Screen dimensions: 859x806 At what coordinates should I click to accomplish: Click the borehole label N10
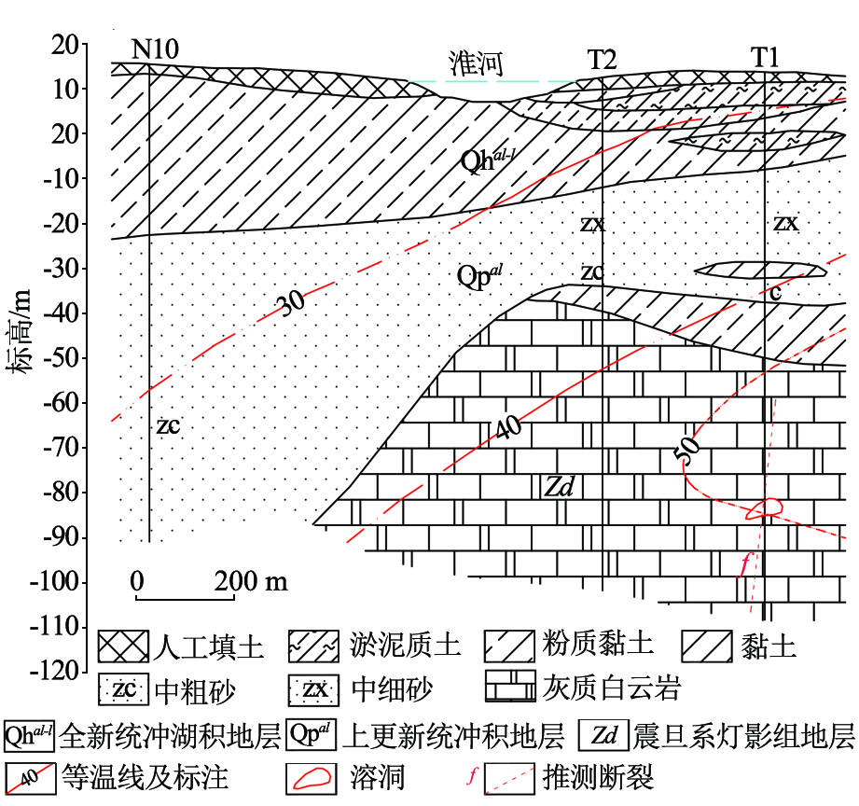(x=155, y=49)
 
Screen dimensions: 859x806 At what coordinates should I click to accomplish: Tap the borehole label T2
(x=603, y=59)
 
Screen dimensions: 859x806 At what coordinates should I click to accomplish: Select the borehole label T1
(x=764, y=57)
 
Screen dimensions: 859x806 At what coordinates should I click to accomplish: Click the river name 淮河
(x=476, y=63)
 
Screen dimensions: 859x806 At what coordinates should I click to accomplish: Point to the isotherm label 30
(x=292, y=302)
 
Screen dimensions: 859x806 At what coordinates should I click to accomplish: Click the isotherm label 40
(x=508, y=427)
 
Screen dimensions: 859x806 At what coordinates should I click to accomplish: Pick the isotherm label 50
(x=687, y=450)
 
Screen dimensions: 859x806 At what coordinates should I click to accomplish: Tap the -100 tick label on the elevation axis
(x=57, y=581)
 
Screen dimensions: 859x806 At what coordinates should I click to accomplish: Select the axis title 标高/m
(x=20, y=331)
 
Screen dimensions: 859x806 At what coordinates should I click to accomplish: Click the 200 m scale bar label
(x=250, y=581)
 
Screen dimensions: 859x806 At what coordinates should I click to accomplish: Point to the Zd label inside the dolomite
(x=559, y=486)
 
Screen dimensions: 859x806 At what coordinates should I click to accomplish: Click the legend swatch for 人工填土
(x=123, y=646)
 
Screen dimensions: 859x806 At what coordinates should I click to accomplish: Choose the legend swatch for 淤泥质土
(x=313, y=646)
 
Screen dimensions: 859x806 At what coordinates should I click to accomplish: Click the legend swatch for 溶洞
(x=311, y=778)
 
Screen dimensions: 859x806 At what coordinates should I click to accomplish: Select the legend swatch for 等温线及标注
(x=30, y=778)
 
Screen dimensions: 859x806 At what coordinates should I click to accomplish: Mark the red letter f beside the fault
(x=744, y=564)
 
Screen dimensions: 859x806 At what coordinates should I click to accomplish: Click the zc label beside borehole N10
(x=168, y=425)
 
